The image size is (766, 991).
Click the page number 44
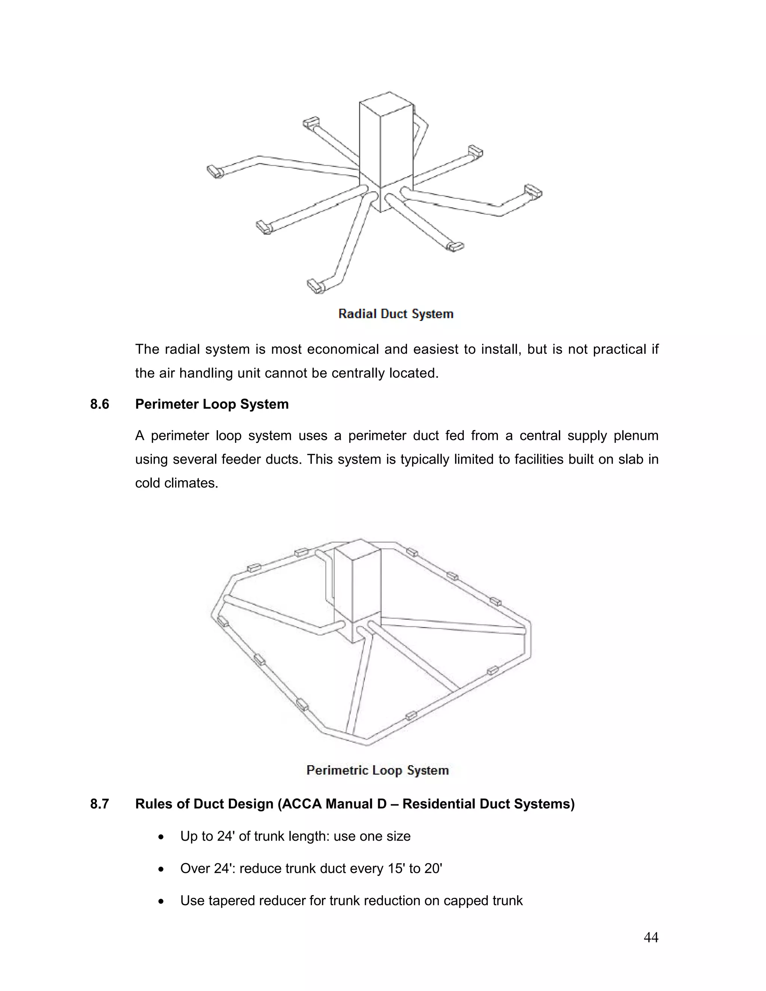coord(651,937)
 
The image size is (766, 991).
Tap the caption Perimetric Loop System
coord(377,770)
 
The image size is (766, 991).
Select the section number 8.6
coord(99,404)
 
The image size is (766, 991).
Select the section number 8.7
coord(99,804)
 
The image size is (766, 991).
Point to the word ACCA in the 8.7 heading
coord(300,804)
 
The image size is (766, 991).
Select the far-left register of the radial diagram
coord(214,172)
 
